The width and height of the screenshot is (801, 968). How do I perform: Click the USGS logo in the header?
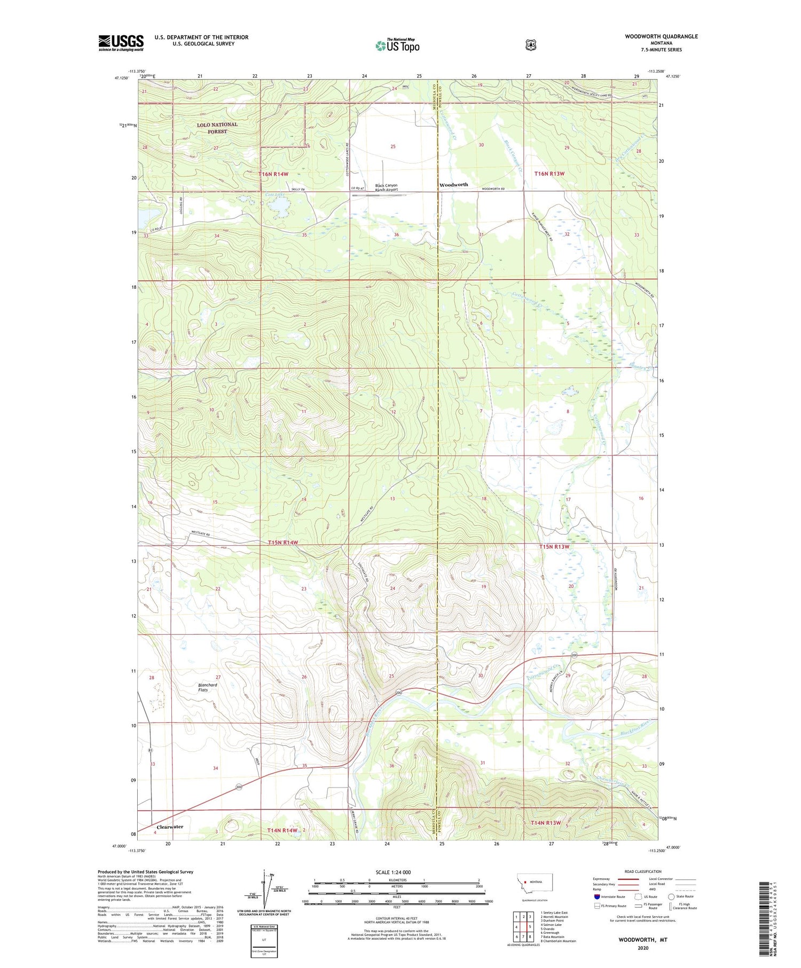click(x=121, y=43)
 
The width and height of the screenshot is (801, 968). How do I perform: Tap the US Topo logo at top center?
click(x=397, y=45)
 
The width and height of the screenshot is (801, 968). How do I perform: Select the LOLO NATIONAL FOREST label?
click(x=217, y=128)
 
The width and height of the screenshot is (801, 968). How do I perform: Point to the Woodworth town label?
click(x=453, y=185)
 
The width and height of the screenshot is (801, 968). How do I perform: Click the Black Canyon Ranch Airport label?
click(x=386, y=187)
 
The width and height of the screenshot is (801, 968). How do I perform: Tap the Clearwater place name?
click(x=170, y=827)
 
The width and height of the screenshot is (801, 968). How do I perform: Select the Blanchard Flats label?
click(x=207, y=687)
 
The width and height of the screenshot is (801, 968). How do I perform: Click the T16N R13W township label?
click(x=549, y=174)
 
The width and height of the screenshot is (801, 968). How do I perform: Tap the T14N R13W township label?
click(x=546, y=823)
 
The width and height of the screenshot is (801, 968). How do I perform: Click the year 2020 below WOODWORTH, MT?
click(x=642, y=948)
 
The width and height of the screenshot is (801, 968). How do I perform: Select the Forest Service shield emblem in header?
click(x=530, y=45)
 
